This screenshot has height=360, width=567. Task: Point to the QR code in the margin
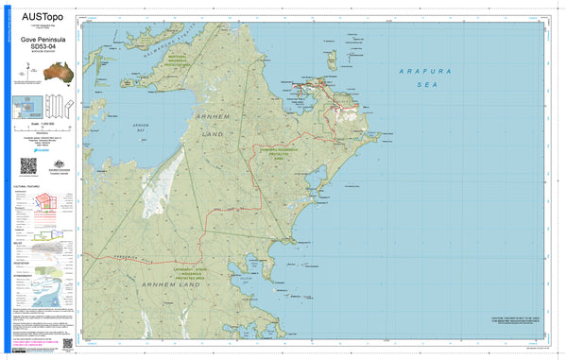coord(27,166)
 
